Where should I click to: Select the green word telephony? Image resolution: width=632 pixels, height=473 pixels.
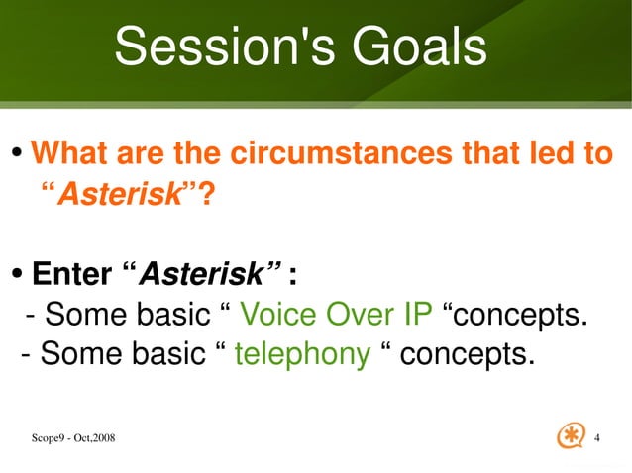[302, 354]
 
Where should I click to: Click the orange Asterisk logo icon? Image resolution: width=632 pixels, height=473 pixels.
[572, 435]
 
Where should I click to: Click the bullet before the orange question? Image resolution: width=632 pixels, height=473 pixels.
[17, 156]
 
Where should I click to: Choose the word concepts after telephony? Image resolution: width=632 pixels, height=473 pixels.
[465, 354]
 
